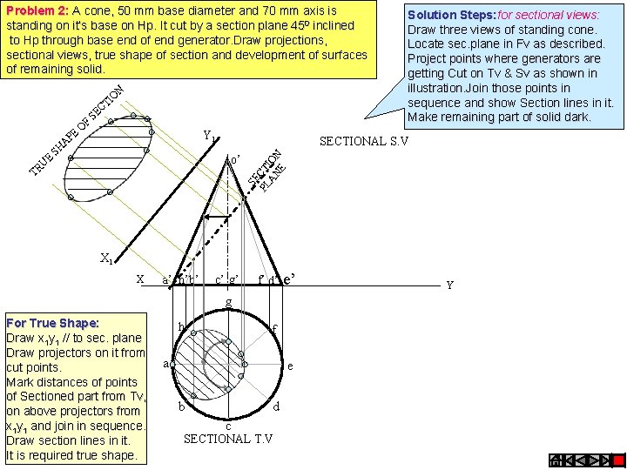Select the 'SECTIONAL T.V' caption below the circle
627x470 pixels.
228,438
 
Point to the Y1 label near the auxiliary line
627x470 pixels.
209,136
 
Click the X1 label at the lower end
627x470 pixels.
106,258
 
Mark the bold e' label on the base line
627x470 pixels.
293,279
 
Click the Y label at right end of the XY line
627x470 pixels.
448,284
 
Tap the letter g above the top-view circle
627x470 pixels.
228,302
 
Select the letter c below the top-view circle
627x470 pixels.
228,425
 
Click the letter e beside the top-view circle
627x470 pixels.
290,366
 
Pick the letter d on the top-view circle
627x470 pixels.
276,406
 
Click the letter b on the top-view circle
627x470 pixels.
180,406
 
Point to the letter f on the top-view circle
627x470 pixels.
274,328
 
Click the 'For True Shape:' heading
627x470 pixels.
52,323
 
